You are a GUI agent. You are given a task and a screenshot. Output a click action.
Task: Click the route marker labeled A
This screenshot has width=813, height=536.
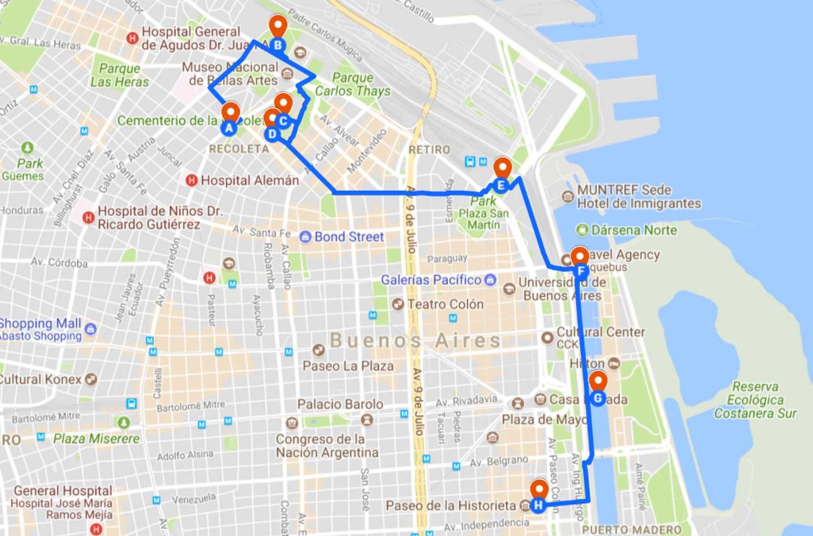click(x=229, y=127)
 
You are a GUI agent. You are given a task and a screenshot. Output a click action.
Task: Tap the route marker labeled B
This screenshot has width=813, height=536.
click(x=278, y=46)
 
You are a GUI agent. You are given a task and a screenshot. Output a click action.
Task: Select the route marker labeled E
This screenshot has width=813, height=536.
click(x=501, y=185)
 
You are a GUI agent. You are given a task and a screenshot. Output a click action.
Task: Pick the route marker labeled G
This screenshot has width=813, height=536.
click(x=598, y=398)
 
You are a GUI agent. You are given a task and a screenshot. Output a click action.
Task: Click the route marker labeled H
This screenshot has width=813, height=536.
click(x=538, y=505)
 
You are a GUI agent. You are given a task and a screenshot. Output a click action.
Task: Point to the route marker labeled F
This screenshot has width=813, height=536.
click(x=580, y=270)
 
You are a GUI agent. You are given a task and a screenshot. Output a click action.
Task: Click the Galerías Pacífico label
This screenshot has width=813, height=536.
click(x=431, y=279)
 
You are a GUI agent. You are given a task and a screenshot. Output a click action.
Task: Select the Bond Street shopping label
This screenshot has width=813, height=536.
click(x=349, y=237)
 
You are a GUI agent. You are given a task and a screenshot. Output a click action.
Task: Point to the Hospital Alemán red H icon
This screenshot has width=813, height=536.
click(x=192, y=180)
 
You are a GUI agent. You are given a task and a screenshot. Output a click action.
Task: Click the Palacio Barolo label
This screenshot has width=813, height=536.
click(x=340, y=404)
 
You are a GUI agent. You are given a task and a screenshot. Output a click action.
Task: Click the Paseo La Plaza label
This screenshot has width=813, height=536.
click(x=348, y=366)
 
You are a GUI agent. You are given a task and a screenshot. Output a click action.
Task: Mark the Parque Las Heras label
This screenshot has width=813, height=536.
click(x=120, y=75)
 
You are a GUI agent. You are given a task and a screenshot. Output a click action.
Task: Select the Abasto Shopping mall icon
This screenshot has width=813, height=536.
click(x=90, y=328)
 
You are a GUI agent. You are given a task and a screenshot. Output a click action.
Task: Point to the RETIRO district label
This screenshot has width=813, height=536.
click(x=429, y=149)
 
